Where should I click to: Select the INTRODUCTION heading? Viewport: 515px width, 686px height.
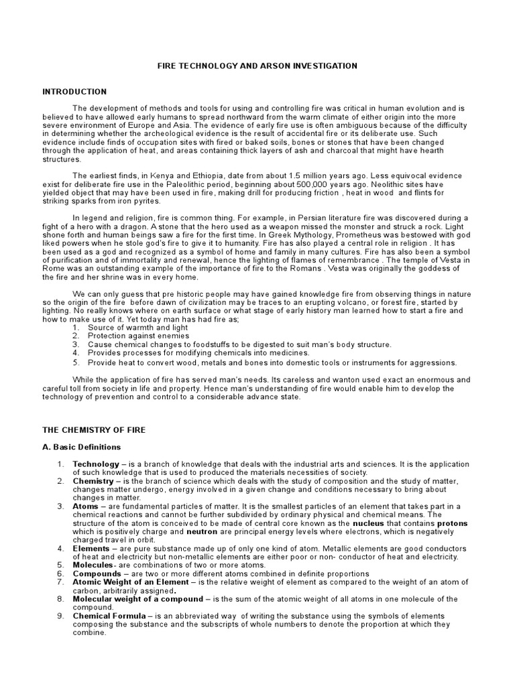click(x=74, y=91)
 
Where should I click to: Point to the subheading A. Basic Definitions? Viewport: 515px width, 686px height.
click(x=82, y=446)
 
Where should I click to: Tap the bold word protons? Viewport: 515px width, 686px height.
click(x=453, y=523)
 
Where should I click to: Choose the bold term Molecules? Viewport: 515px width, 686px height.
click(x=93, y=565)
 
